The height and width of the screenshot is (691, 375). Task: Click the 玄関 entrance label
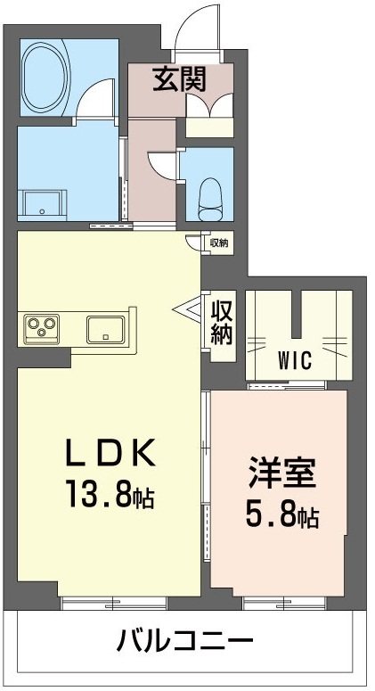tap(180, 80)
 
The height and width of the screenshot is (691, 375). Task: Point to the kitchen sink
tap(108, 328)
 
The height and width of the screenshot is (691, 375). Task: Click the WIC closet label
tap(294, 361)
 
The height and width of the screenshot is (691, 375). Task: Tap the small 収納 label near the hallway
tap(219, 242)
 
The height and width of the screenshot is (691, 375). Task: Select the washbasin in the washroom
tap(43, 204)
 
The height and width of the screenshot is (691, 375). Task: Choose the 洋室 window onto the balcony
tap(277, 603)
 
